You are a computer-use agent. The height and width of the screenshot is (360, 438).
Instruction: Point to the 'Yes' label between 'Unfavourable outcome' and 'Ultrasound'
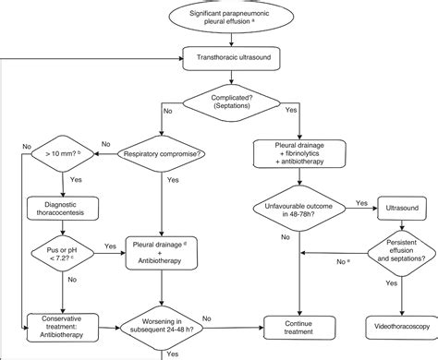click(x=360, y=202)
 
